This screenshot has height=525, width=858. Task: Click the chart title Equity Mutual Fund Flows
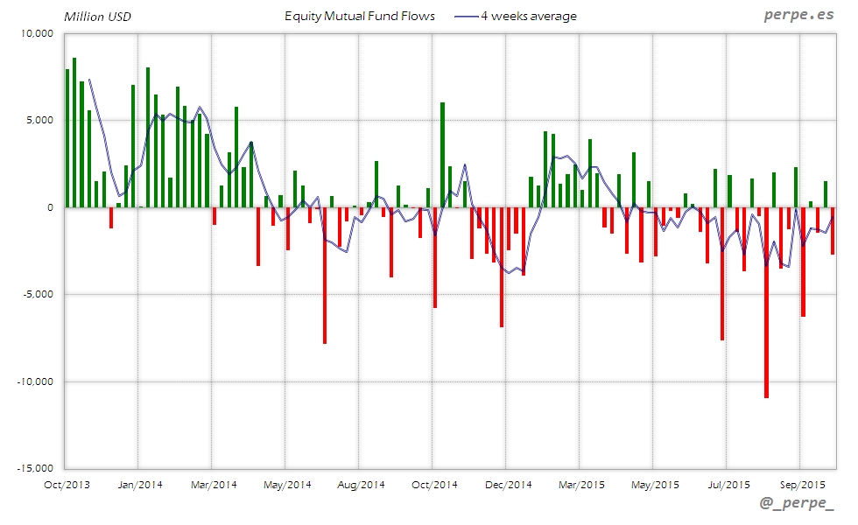[360, 16]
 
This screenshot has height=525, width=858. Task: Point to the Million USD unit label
[98, 17]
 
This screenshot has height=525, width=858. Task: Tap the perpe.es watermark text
[798, 15]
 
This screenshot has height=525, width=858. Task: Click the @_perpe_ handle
[798, 506]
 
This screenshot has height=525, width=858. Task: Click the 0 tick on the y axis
[51, 207]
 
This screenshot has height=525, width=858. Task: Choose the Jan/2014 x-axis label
[138, 484]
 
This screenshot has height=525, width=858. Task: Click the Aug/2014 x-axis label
[361, 484]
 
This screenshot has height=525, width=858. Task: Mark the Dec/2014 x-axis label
[508, 484]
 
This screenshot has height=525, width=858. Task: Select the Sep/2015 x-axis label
[801, 484]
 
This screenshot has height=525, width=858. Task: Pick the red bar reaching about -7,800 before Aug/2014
[325, 275]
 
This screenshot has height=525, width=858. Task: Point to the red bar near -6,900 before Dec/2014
[502, 267]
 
